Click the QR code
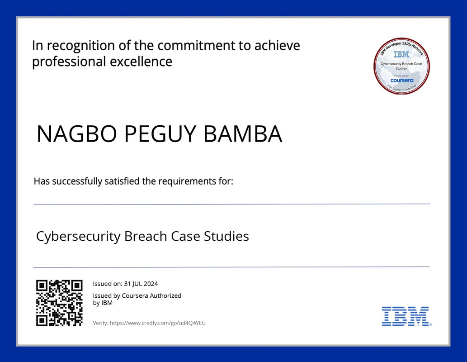59,303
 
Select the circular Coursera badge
401,66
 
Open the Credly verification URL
158,323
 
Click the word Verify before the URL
100,323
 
